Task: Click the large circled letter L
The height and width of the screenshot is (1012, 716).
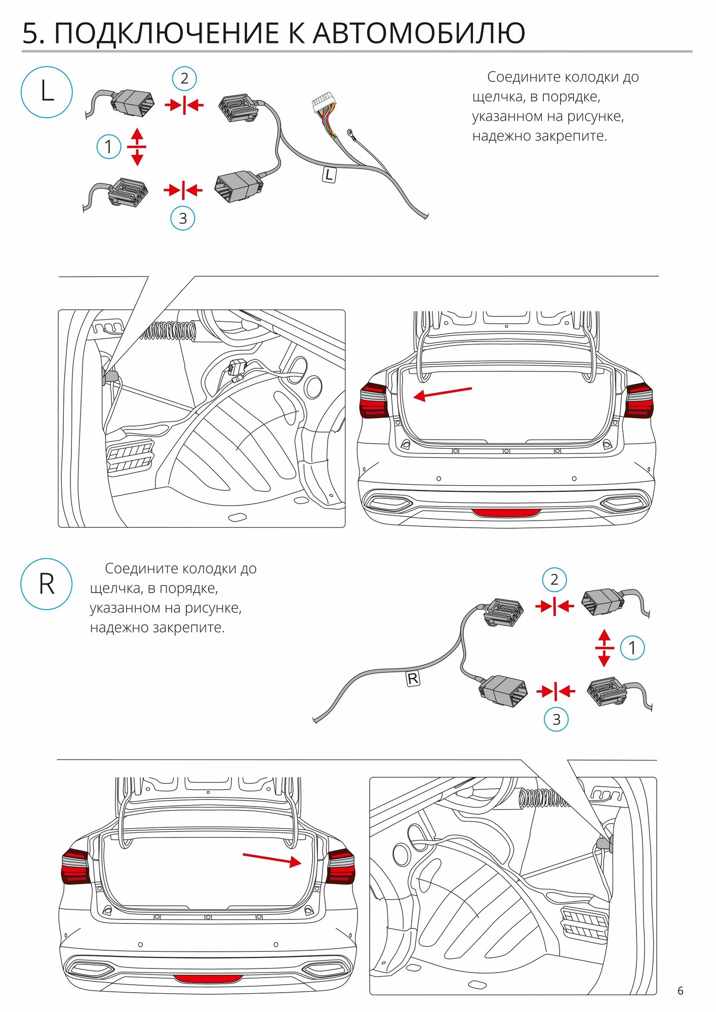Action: coord(47,92)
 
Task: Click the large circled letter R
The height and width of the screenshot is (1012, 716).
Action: coord(47,584)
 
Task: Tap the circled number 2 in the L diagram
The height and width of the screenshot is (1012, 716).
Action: coord(184,78)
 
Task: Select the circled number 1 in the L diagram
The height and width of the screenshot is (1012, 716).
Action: coord(108,147)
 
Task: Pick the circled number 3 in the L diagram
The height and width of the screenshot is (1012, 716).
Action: coord(183,218)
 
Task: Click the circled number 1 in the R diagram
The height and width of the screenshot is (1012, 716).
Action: coord(632,647)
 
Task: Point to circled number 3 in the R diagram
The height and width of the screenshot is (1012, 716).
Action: coord(556,719)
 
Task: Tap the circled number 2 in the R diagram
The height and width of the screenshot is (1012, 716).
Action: coord(554,579)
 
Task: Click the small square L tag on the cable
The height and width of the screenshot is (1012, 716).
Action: coord(329,175)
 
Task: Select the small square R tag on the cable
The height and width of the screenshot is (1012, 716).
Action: coord(413,679)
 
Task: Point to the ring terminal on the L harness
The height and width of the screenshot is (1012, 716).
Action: coord(349,133)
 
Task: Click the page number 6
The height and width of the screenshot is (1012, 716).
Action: coord(680,991)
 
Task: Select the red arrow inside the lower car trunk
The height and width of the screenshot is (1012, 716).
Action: coord(272,859)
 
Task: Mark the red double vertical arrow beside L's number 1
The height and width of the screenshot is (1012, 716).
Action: coord(137,147)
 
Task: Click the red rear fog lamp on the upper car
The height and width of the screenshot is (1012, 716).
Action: coord(506,513)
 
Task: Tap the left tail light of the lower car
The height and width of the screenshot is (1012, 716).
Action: coord(75,867)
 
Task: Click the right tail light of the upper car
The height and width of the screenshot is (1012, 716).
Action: coord(639,401)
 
